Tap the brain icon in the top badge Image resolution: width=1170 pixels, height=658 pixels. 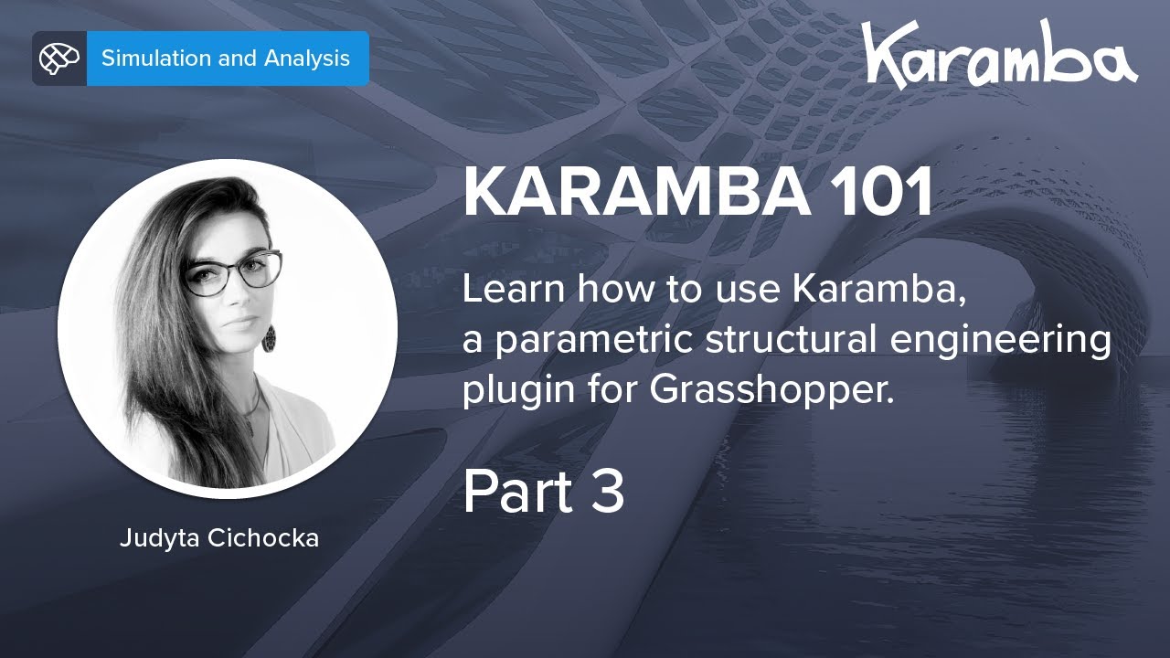(x=59, y=58)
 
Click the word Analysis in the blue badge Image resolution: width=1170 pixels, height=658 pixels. (x=307, y=58)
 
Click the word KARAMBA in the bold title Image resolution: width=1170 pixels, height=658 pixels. (x=636, y=193)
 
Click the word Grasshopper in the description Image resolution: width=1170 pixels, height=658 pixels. (x=770, y=391)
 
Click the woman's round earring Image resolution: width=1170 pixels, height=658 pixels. (x=270, y=338)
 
